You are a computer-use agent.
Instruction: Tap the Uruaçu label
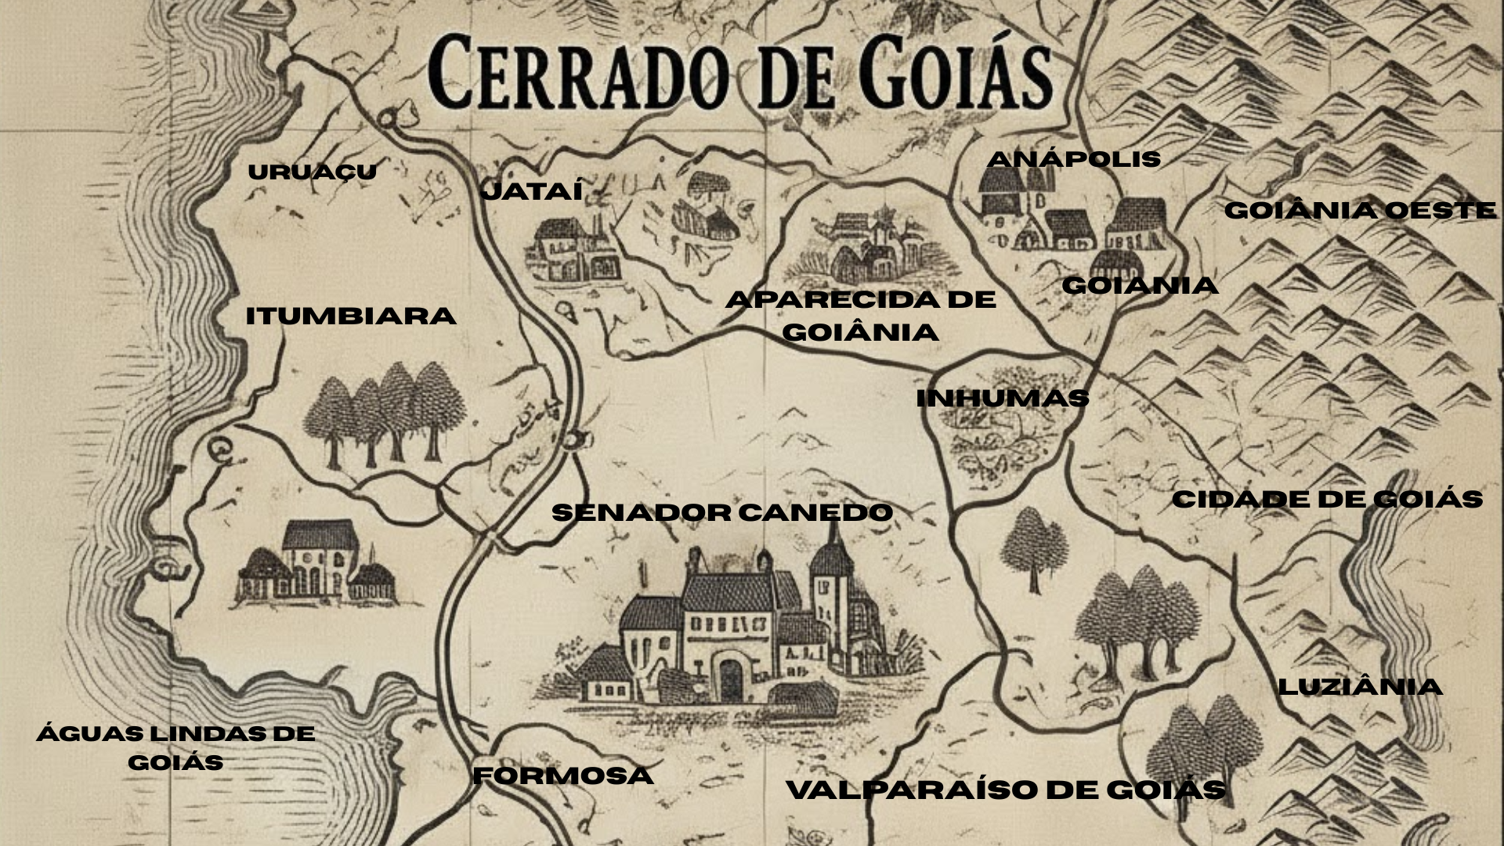click(312, 172)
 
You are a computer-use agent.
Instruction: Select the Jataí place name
click(533, 191)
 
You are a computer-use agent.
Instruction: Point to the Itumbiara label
click(350, 316)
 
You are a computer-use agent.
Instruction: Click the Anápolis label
click(1073, 159)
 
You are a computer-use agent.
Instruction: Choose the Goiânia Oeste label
click(1360, 211)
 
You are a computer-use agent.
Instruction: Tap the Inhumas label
click(1003, 399)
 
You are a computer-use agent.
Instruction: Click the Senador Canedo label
click(722, 513)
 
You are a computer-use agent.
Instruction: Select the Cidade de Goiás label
click(1327, 500)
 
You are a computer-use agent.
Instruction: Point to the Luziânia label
click(1360, 687)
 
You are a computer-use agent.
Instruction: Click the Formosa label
click(563, 776)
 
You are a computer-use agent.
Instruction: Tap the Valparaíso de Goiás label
click(1006, 790)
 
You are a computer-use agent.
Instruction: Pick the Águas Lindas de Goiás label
click(175, 747)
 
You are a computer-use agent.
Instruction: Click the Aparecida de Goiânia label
click(860, 316)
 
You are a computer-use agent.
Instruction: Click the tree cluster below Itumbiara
click(384, 415)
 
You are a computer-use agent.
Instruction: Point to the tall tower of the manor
click(830, 580)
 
